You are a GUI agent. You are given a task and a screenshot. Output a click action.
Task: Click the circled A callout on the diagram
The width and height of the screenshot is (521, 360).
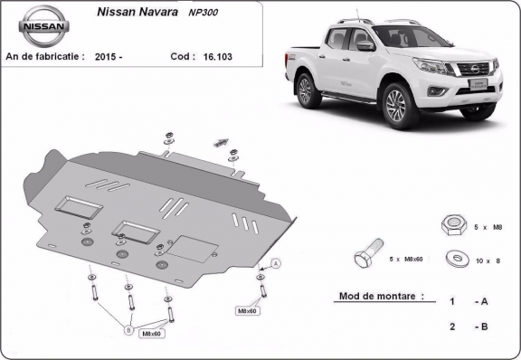click(276, 262)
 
